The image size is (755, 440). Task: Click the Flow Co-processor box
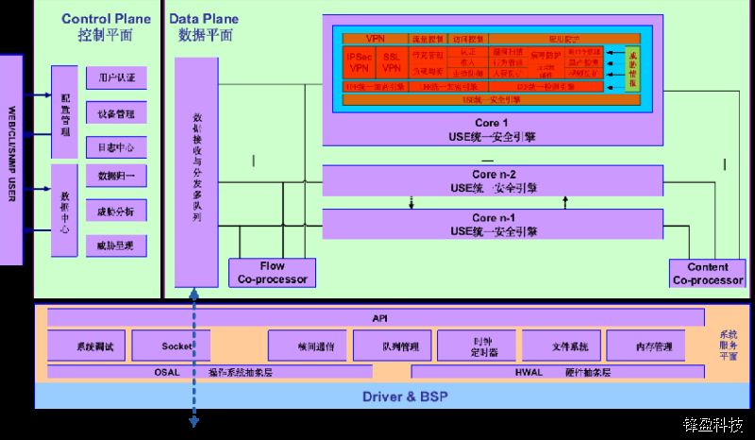272,272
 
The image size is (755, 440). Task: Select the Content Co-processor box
708,273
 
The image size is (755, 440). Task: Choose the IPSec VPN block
359,62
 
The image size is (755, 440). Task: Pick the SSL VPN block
391,62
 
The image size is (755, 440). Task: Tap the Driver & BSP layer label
377,396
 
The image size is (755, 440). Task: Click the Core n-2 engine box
494,181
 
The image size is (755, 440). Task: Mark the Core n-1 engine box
494,225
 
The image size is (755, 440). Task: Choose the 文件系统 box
562,346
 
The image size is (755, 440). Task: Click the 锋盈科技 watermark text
717,426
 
